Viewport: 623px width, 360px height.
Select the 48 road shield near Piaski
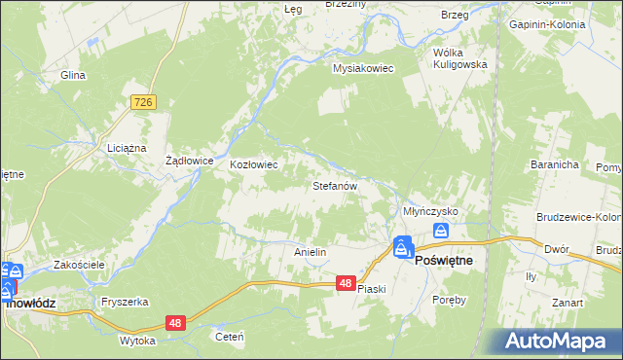coord(347,283)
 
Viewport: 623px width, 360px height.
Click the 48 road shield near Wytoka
coord(175,323)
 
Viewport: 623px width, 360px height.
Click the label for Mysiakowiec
coord(362,69)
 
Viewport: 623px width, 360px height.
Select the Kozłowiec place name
coord(254,164)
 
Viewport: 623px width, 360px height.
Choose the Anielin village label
coord(310,252)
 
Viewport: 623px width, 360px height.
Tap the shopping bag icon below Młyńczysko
coord(441,231)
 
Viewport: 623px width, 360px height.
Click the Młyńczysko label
coord(430,211)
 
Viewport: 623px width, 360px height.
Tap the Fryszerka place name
coord(123,302)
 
